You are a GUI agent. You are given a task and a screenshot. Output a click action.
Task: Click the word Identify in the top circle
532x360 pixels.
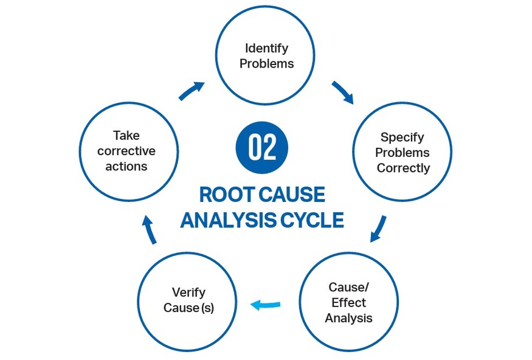click(266, 48)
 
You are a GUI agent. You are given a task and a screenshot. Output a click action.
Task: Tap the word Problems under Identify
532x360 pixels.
click(266, 63)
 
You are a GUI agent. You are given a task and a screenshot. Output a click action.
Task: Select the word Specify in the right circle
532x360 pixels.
click(402, 137)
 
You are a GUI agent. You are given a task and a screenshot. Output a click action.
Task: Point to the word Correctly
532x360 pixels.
click(403, 168)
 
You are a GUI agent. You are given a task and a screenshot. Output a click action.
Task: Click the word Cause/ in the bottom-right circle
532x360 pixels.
click(348, 287)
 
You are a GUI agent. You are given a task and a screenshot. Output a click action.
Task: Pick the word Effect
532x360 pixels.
click(348, 302)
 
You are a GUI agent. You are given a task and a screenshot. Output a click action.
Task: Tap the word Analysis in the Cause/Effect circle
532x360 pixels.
click(348, 317)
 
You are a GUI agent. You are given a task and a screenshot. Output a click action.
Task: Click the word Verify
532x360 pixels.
click(188, 292)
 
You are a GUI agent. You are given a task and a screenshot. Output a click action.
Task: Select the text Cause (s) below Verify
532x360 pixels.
click(188, 308)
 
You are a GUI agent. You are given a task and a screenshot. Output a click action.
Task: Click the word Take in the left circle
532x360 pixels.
click(126, 136)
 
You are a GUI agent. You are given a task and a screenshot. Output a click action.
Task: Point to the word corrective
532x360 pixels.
click(126, 151)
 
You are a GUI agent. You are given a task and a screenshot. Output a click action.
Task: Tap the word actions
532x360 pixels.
click(126, 166)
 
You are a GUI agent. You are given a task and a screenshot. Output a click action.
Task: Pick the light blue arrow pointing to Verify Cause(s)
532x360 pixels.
click(266, 305)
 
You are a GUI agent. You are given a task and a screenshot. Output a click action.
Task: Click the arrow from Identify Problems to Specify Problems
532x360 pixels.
click(342, 92)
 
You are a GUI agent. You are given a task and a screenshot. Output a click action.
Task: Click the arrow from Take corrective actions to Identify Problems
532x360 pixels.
click(191, 91)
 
